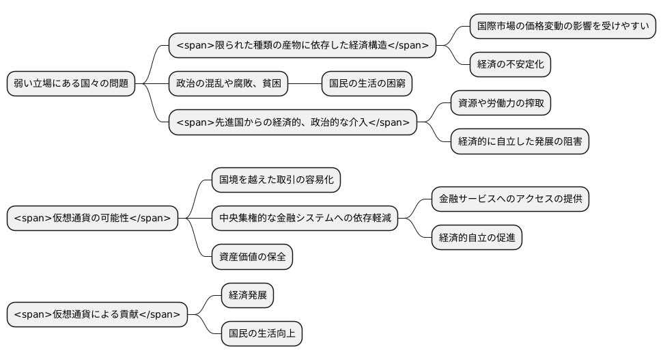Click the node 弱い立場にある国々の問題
(x=71, y=84)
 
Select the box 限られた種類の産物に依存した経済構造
(x=302, y=46)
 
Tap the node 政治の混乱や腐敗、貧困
(x=228, y=84)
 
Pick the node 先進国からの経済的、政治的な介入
(x=293, y=122)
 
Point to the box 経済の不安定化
(x=510, y=65)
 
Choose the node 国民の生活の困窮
(x=367, y=84)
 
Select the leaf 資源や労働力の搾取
(x=500, y=103)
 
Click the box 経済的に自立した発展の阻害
(x=520, y=141)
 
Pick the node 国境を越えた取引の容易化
(x=276, y=180)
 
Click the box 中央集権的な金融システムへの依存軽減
(x=305, y=218)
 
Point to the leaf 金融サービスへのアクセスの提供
(x=510, y=199)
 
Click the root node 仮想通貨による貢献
(x=96, y=314)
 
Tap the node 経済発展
(x=247, y=295)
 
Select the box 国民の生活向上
(x=262, y=333)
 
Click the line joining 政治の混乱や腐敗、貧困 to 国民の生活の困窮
(x=305, y=84)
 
